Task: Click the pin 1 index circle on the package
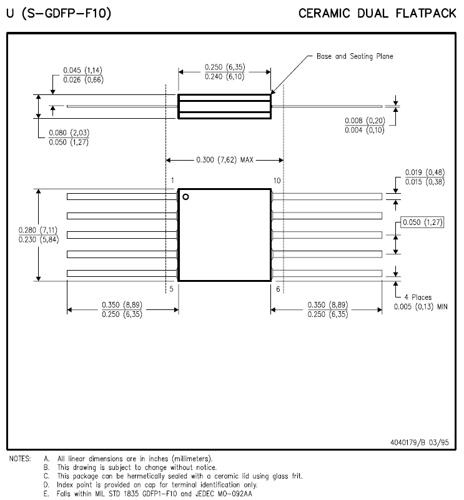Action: [185, 197]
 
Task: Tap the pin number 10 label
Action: [277, 181]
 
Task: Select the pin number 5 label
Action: [172, 289]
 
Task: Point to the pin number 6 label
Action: [278, 289]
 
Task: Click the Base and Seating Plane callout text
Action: [355, 56]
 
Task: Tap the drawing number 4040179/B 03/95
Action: [420, 442]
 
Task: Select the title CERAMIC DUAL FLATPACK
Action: [377, 13]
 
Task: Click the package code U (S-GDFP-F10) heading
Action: [59, 13]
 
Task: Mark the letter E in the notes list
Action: [47, 494]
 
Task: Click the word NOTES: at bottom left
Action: [20, 459]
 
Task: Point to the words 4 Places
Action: [418, 297]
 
